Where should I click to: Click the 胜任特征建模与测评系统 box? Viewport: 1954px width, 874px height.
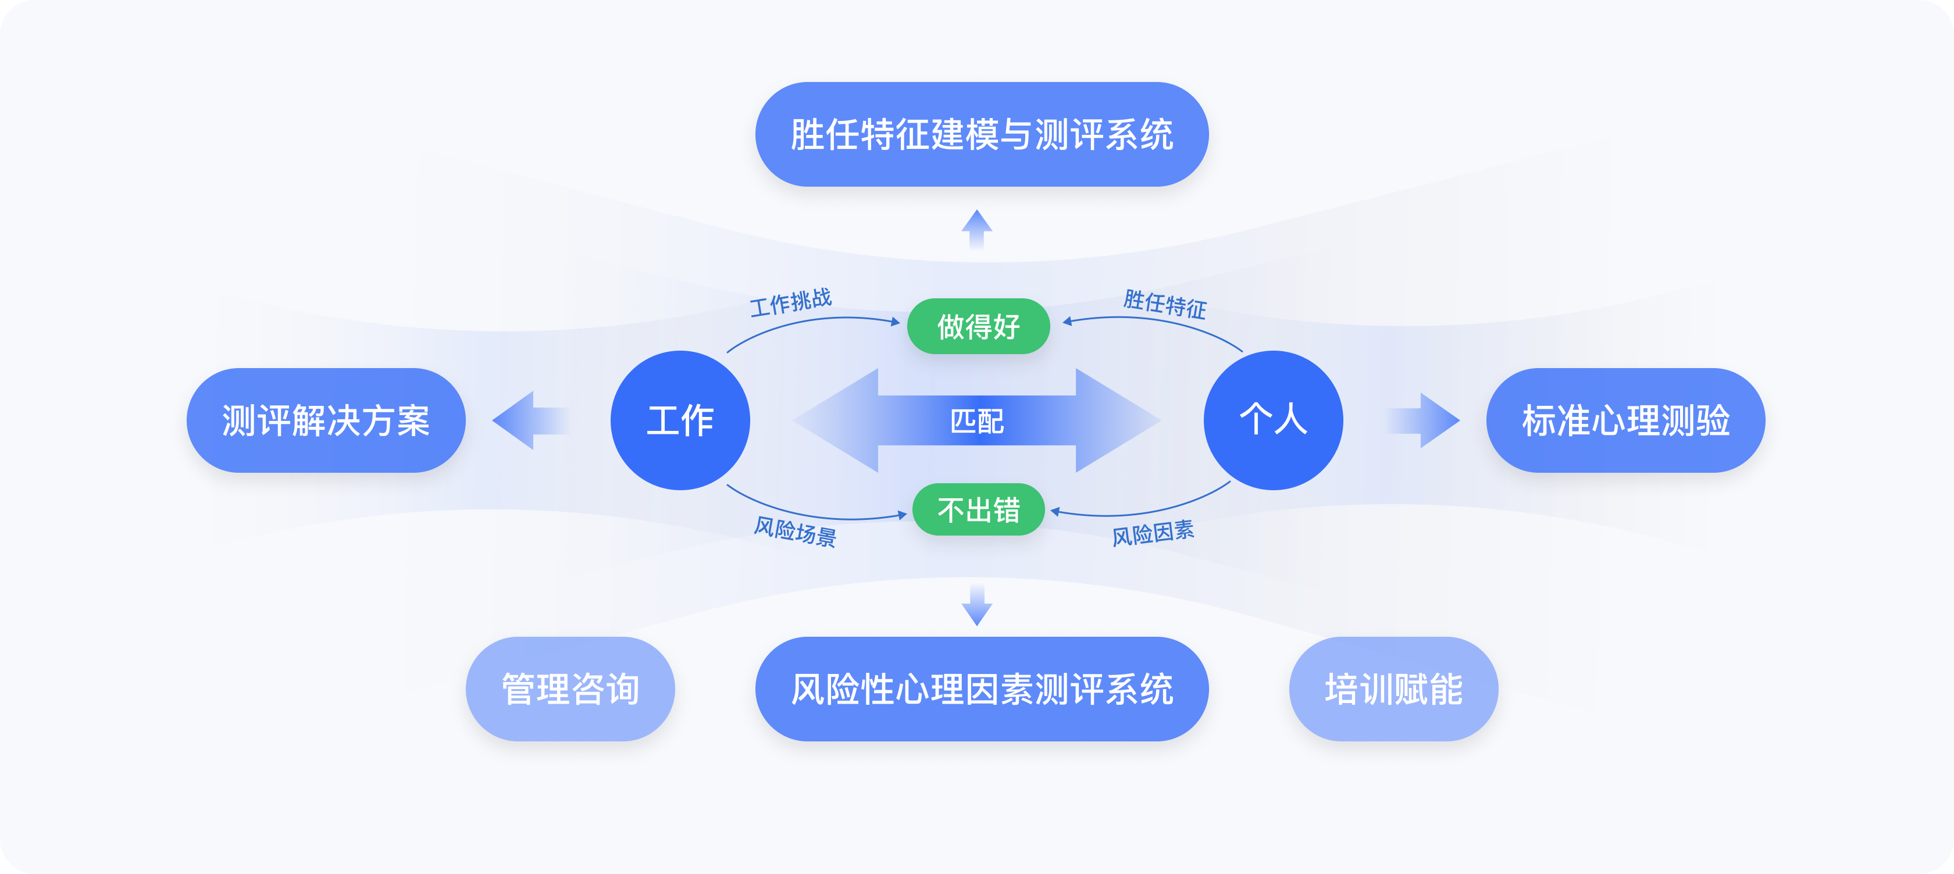(x=982, y=134)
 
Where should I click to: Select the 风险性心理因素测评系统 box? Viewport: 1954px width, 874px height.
(x=982, y=689)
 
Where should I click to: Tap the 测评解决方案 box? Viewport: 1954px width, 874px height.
(x=326, y=420)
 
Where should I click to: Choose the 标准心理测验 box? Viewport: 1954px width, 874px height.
(x=1625, y=420)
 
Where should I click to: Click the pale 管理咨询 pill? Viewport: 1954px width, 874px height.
(x=570, y=689)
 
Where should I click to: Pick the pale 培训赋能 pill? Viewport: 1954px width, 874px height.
(x=1393, y=689)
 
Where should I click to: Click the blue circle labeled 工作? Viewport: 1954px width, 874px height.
(x=680, y=420)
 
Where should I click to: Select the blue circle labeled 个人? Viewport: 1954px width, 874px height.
(x=1274, y=420)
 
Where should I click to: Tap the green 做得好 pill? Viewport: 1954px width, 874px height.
(x=979, y=326)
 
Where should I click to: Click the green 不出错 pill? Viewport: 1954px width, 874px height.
(x=979, y=510)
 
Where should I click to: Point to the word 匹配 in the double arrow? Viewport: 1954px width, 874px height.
(x=977, y=421)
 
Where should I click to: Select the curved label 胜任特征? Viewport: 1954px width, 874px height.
(x=1165, y=304)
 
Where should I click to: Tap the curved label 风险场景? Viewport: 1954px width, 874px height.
(x=795, y=531)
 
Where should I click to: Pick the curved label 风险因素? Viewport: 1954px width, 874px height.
(x=1153, y=533)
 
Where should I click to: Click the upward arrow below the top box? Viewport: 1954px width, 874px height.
(x=977, y=230)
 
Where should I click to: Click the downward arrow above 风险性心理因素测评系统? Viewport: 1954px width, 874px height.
(x=977, y=605)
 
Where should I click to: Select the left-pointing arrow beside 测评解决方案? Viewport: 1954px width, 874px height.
(x=530, y=420)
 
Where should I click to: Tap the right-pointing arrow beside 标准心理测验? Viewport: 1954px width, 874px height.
(x=1423, y=420)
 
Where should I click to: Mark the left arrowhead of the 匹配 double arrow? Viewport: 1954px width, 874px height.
(x=836, y=420)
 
